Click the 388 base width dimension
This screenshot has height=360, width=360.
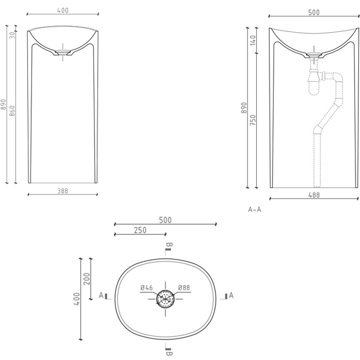tap(63, 190)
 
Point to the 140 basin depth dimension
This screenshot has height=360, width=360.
tap(253, 40)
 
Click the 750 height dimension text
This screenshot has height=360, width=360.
tap(253, 120)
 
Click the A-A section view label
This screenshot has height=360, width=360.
tap(255, 209)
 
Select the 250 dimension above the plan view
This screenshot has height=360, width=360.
tap(140, 231)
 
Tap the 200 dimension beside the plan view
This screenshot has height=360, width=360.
tap(86, 279)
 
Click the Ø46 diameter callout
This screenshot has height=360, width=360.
tap(146, 288)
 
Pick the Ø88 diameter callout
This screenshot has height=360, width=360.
tap(183, 288)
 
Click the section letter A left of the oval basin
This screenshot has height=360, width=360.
tap(101, 296)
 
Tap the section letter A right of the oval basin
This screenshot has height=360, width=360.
tap(231, 296)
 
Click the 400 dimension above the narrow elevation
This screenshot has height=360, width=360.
tap(63, 10)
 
